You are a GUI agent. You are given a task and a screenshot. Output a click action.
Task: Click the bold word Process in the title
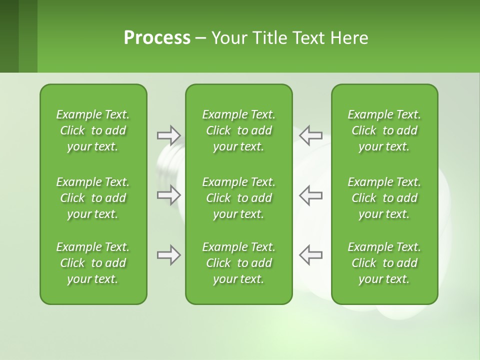(x=157, y=38)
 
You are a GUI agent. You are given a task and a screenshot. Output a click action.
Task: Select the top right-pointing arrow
(x=168, y=135)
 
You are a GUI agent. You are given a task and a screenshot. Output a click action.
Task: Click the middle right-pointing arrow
(x=168, y=195)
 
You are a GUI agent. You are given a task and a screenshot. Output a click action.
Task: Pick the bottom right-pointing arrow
(x=168, y=255)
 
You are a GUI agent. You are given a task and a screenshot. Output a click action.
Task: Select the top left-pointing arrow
(x=310, y=135)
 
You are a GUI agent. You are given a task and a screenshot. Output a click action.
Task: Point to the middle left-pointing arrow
(x=310, y=195)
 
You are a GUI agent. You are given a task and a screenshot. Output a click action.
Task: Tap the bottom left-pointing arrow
(x=310, y=255)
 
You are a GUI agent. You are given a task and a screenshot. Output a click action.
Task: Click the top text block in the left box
(x=93, y=130)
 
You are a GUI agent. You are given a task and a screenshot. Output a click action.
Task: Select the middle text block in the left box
(x=93, y=198)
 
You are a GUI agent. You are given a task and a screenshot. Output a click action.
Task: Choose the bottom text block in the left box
(x=93, y=263)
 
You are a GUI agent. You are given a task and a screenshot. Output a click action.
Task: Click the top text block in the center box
(x=239, y=130)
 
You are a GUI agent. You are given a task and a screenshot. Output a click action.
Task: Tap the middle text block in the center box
(x=239, y=198)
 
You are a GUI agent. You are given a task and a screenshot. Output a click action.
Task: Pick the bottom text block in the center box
(x=239, y=263)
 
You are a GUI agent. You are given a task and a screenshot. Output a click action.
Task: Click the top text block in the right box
(x=384, y=130)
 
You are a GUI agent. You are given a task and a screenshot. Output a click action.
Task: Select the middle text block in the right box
(x=384, y=198)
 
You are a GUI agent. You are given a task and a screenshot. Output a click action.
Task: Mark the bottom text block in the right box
(x=384, y=263)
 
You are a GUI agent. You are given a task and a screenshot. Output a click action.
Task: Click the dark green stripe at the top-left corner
(x=9, y=36)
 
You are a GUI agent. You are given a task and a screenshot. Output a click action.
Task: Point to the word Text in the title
(x=308, y=38)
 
